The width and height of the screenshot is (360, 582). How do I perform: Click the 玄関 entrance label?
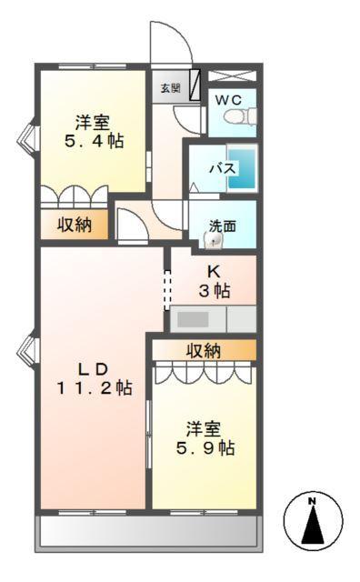[x=170, y=88]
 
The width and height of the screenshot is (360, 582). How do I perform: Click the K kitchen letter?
[x=214, y=272]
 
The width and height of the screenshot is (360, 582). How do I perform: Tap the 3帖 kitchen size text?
[x=215, y=291]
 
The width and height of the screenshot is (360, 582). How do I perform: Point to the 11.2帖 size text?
[x=92, y=388]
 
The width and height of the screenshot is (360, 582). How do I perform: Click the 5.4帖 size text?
[x=92, y=141]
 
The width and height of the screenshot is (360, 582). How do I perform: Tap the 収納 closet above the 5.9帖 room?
[x=205, y=350]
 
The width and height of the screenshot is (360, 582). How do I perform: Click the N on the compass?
[x=311, y=501]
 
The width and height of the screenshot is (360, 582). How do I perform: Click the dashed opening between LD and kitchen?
[x=166, y=290]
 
